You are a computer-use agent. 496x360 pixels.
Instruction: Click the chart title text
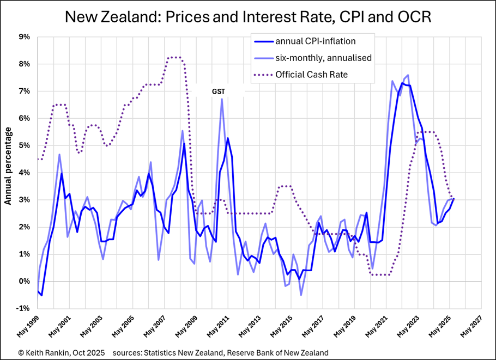[x=248, y=17]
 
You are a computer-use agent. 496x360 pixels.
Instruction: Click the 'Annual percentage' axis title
[x=8, y=166]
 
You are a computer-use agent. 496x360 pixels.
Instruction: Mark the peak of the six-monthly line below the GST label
[x=222, y=99]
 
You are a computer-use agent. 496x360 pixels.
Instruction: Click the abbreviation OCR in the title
[x=414, y=17]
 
